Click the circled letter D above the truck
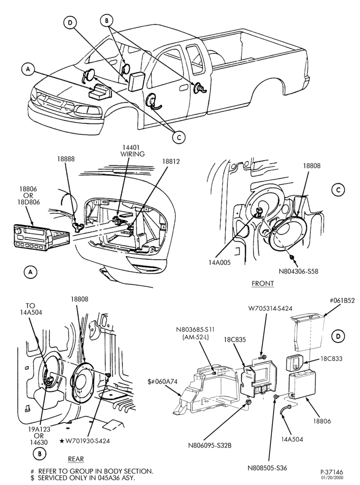coord(71,22)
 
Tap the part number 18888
coord(66,159)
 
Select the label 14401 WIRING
coord(133,150)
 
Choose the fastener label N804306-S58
coord(299,271)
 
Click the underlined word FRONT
coord(263,283)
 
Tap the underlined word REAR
coord(76,459)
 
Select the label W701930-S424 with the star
coord(85,441)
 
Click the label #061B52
coord(342,300)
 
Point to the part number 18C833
coord(331,358)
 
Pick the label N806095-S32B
coord(210,446)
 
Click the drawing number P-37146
coord(332,472)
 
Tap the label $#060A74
coord(162,382)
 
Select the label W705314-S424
coord(270,308)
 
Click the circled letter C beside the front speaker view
coord(339,190)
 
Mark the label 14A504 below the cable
coord(292,439)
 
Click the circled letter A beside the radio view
coord(31,272)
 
